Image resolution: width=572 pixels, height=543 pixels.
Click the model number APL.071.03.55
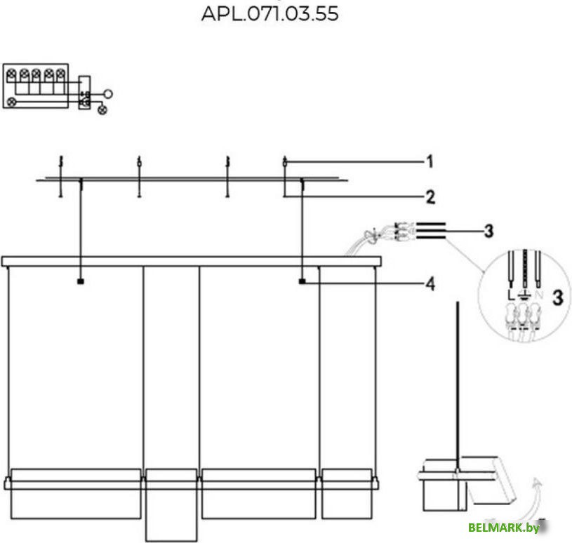pos(270,13)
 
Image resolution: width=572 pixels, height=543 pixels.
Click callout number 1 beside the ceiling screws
pos(430,162)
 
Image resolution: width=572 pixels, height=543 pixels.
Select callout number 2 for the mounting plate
pos(430,197)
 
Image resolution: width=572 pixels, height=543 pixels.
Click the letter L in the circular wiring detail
pos(511,295)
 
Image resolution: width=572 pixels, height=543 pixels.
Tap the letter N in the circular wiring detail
pos(538,295)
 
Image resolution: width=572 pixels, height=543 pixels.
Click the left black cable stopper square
pos(81,282)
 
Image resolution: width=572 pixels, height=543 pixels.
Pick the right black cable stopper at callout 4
pos(302,282)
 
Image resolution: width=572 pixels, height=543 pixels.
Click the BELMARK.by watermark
pos(499,528)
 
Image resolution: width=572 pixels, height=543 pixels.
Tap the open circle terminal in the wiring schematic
pos(108,93)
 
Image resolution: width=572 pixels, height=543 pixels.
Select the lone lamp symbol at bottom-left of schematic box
pos(11,102)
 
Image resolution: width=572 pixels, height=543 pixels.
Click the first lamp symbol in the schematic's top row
pos(11,73)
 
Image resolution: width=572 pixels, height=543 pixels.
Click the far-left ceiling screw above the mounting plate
pos(61,162)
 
